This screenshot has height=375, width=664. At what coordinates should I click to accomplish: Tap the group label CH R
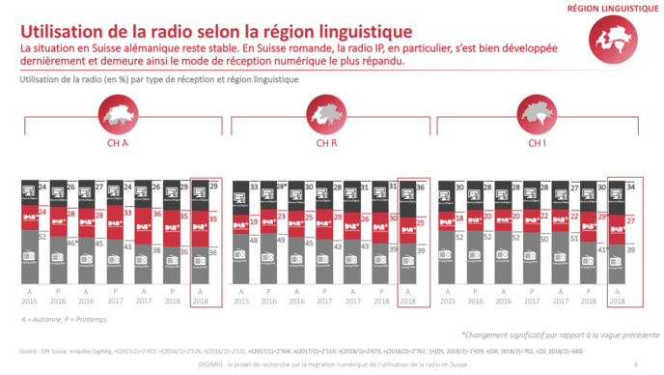326,145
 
